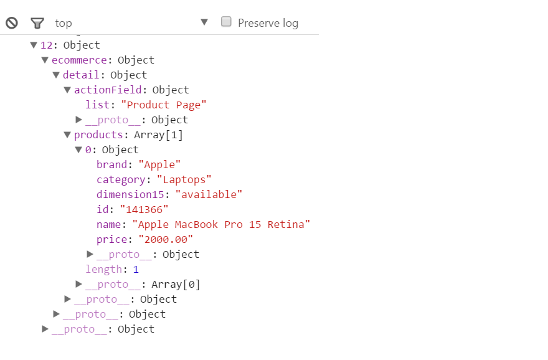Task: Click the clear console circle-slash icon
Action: [x=12, y=23]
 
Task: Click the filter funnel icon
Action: [x=37, y=24]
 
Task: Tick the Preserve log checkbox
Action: [x=226, y=22]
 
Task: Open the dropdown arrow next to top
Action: [x=204, y=22]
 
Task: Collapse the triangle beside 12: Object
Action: [x=34, y=45]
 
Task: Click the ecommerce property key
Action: [x=79, y=60]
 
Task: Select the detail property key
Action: [x=81, y=75]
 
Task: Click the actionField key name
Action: [x=108, y=90]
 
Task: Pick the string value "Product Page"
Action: [x=164, y=105]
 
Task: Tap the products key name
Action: [x=98, y=135]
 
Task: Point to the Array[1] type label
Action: [x=158, y=135]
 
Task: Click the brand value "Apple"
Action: [x=159, y=164]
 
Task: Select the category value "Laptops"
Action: [x=184, y=179]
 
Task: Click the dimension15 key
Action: [x=130, y=194]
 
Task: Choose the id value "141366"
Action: [x=144, y=209]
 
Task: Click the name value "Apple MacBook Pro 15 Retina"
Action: [x=221, y=224]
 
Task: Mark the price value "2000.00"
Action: [x=166, y=239]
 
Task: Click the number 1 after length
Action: [x=136, y=270]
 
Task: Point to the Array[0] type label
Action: [x=176, y=285]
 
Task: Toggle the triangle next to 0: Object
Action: [x=78, y=149]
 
